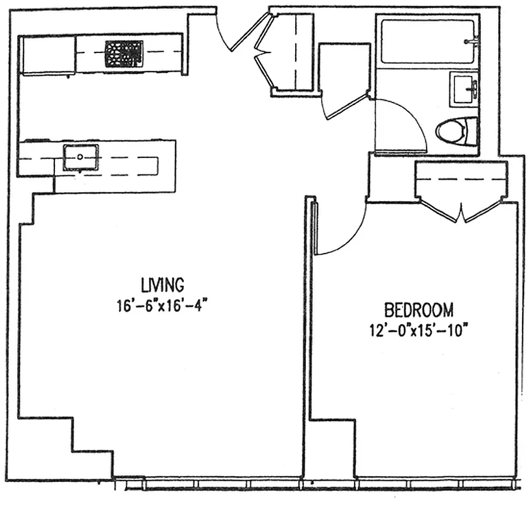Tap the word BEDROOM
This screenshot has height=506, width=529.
tap(418, 310)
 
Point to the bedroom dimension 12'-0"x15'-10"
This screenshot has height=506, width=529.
tap(418, 330)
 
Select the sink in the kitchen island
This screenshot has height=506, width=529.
tap(81, 156)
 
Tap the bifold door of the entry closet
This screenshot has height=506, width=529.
tap(264, 54)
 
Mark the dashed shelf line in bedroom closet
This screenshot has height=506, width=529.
tap(461, 179)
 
